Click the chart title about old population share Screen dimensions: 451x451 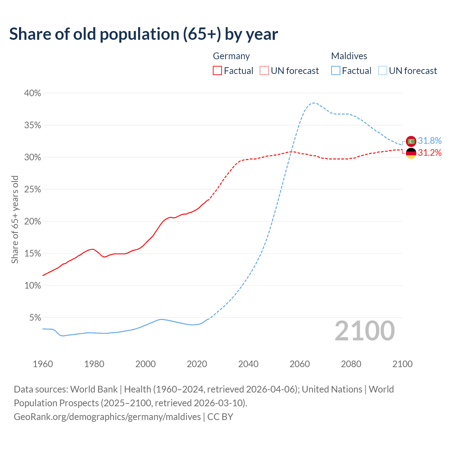click(x=143, y=34)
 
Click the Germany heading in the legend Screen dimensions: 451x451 click(x=231, y=56)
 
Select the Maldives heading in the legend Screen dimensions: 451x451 click(x=349, y=56)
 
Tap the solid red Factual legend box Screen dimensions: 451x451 click(x=217, y=71)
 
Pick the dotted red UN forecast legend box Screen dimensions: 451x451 click(x=264, y=71)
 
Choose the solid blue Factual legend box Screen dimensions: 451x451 click(x=336, y=71)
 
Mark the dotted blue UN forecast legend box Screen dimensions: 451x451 click(x=383, y=71)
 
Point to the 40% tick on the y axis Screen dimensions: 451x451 click(x=32, y=93)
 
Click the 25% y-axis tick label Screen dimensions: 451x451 click(x=32, y=189)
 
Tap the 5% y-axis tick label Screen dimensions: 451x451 click(x=35, y=317)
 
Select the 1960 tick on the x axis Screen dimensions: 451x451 click(x=43, y=364)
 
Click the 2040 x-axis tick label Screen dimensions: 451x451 click(x=248, y=364)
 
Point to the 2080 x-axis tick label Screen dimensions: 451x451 click(x=351, y=364)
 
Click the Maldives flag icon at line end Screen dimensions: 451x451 click(x=411, y=141)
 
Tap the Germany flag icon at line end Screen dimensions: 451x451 click(x=411, y=153)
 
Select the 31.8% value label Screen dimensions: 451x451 click(x=430, y=141)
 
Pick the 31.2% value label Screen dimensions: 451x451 click(x=430, y=153)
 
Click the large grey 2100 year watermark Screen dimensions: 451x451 click(x=364, y=330)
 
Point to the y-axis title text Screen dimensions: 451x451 click(x=15, y=220)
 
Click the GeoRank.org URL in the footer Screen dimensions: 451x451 click(x=107, y=417)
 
